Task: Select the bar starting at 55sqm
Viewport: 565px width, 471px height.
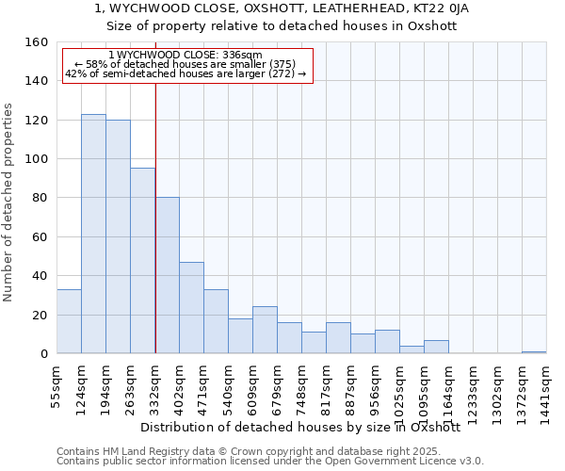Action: click(69, 321)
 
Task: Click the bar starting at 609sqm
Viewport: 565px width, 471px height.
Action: click(265, 330)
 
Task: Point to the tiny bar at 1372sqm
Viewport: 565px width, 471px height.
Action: click(534, 352)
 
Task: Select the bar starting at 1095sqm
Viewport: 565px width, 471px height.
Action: click(436, 347)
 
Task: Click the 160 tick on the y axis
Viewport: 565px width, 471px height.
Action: click(37, 42)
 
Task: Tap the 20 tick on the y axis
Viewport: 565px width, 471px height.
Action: click(40, 315)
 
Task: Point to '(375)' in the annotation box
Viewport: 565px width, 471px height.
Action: click(281, 64)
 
